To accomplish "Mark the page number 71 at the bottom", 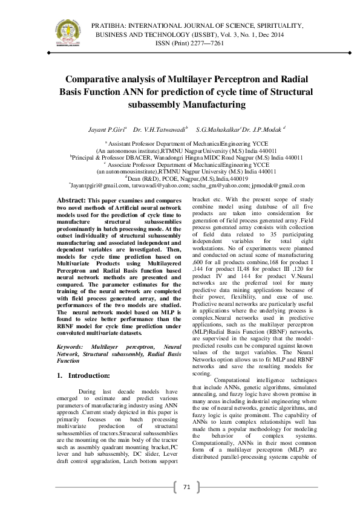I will point(186,487).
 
